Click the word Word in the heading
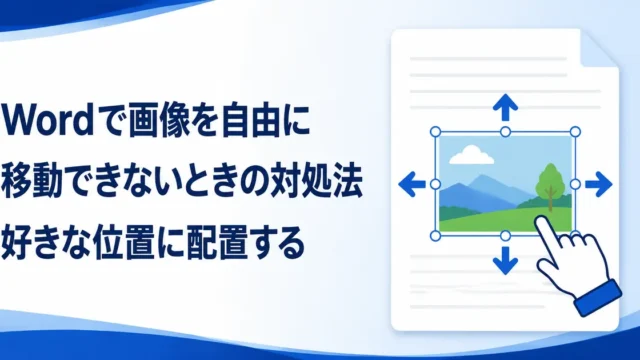coord(48,121)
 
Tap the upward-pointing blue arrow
coord(505,107)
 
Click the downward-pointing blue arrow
coord(505,260)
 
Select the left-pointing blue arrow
coord(412,184)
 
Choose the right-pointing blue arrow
coord(599,184)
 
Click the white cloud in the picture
coord(471,155)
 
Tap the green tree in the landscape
coord(551,187)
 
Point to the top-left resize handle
coord(436,132)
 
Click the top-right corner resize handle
coord(575,132)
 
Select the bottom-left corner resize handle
coord(436,236)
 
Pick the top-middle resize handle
coord(505,132)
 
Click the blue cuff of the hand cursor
coord(598,298)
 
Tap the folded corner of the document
coord(598,49)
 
